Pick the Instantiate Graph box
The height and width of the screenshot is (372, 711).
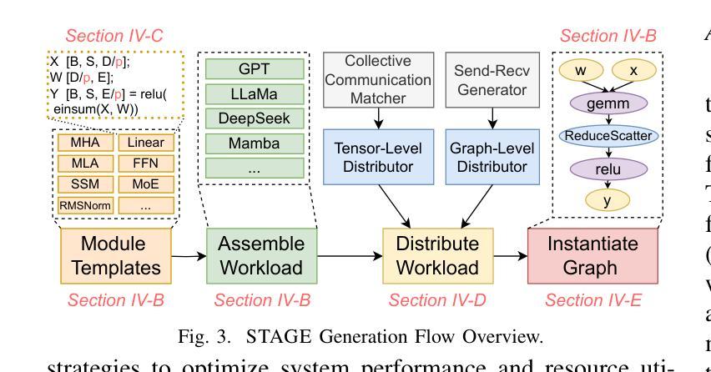click(x=592, y=255)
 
